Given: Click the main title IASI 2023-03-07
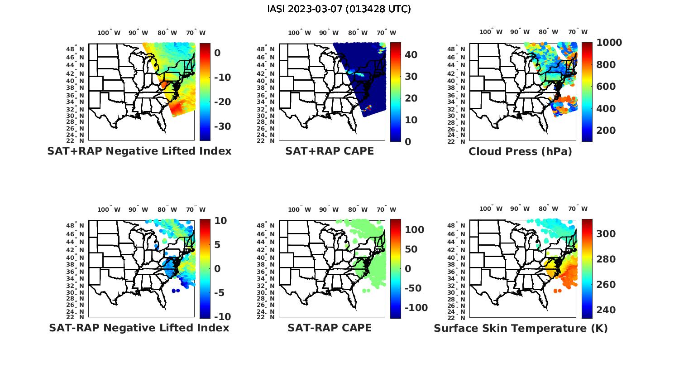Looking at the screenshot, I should point(339,9).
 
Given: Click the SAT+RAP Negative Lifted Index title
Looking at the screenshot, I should point(139,151).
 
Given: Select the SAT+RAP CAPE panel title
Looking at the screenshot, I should point(330,151).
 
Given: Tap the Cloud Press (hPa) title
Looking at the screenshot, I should point(520,151).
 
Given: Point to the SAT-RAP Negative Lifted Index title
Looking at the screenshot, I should point(139,328).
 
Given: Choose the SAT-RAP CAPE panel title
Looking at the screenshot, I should point(330,328).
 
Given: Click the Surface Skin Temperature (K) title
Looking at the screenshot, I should point(521,328).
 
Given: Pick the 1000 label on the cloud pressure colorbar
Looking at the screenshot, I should point(609,43).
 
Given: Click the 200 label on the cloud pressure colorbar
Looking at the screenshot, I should point(606,131).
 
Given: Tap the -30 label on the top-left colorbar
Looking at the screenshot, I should point(222,126).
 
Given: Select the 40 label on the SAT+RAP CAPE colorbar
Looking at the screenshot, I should point(411,55).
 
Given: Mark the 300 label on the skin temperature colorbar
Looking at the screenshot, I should point(606,233).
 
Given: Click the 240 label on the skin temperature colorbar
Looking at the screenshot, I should point(606,310).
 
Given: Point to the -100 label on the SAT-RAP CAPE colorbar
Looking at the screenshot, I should point(416,308).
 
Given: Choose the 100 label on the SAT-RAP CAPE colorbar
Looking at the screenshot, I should point(414,230).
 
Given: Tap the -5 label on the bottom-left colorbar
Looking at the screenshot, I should point(219,292).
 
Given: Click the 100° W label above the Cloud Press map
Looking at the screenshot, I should point(491,32).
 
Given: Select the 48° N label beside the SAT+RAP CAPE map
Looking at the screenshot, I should point(265,49).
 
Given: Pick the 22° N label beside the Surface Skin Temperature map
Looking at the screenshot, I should point(456,317).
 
